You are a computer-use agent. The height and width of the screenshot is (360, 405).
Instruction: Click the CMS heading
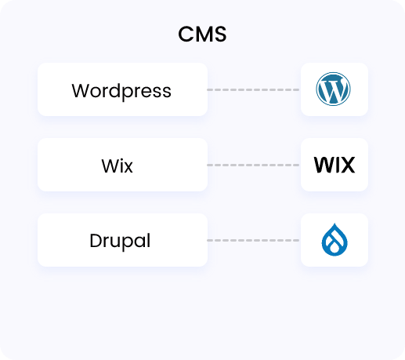(x=202, y=35)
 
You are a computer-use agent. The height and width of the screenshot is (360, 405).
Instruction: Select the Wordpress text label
(x=121, y=92)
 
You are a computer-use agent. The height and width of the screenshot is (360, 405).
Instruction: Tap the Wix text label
(x=118, y=165)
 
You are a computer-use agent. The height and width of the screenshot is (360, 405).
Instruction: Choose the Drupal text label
(x=120, y=241)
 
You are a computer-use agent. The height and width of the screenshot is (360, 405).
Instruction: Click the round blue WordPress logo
(x=333, y=89)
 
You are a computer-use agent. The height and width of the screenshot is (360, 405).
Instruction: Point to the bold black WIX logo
(x=334, y=165)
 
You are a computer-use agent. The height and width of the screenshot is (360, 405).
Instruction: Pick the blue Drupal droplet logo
(x=334, y=239)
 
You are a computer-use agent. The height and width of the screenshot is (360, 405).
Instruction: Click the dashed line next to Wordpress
(x=253, y=89)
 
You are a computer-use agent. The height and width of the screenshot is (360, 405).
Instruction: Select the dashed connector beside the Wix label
(x=253, y=165)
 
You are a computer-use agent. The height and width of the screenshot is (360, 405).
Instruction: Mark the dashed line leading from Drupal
(x=253, y=240)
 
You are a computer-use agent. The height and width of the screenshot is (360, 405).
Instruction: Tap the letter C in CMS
(x=186, y=35)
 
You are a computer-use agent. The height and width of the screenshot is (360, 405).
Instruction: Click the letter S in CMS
(x=220, y=35)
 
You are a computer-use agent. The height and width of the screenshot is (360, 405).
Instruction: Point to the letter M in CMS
(x=204, y=35)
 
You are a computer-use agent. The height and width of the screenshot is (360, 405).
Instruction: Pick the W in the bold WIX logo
(x=324, y=165)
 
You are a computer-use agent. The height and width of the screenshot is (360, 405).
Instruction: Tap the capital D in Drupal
(x=96, y=241)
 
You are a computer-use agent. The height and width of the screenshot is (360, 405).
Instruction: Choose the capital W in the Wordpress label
(x=81, y=90)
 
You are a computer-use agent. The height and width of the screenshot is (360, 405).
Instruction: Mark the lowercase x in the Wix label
(x=128, y=168)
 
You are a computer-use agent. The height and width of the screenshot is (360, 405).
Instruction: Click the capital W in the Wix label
(x=110, y=165)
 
